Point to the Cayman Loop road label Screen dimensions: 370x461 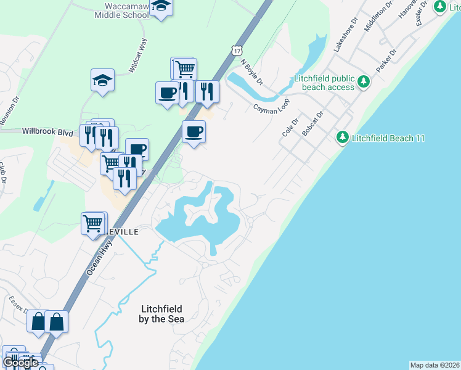271,106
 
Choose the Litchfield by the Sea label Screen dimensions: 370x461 163,314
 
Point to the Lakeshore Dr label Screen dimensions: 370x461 345,38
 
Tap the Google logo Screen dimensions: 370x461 20,363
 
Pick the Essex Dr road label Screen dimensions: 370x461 17,305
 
